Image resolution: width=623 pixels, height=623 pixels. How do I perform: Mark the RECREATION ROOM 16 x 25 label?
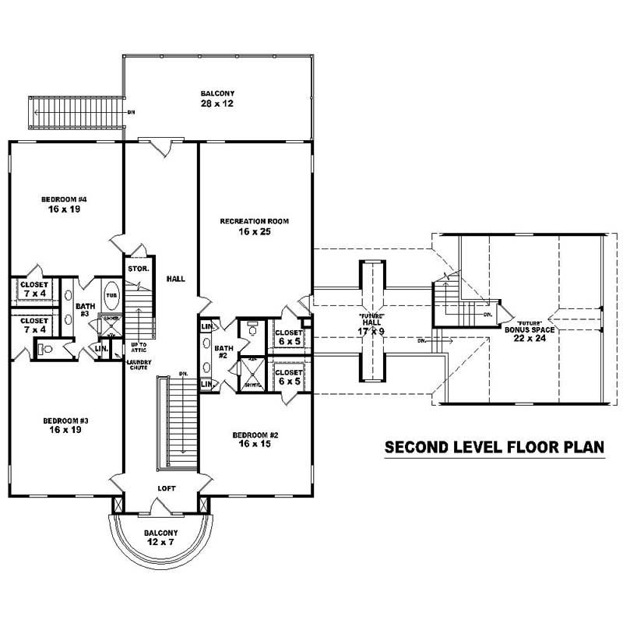254,226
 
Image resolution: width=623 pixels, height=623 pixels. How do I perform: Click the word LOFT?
167,488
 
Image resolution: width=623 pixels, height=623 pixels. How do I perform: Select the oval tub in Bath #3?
111,297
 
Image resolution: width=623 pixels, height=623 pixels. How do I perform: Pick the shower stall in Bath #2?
252,369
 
